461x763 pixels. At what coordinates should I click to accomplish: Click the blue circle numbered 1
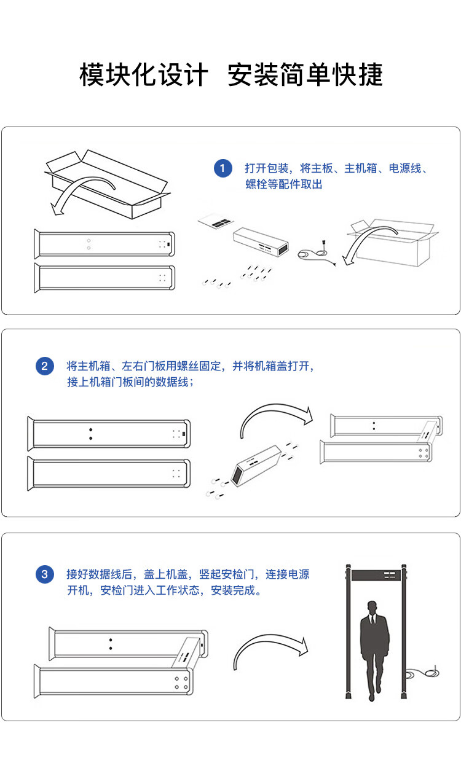(223, 168)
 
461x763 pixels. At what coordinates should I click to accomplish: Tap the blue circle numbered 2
(44, 367)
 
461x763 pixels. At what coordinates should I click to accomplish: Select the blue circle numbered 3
(44, 575)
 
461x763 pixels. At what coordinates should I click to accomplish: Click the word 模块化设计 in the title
(144, 75)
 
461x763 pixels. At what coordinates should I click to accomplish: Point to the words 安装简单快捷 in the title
(305, 75)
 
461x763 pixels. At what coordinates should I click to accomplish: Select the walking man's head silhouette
(372, 608)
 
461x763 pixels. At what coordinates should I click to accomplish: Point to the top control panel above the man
(374, 576)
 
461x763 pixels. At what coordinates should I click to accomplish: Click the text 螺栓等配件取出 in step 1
(283, 184)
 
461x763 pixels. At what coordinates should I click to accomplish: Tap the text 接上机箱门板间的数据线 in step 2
(130, 382)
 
